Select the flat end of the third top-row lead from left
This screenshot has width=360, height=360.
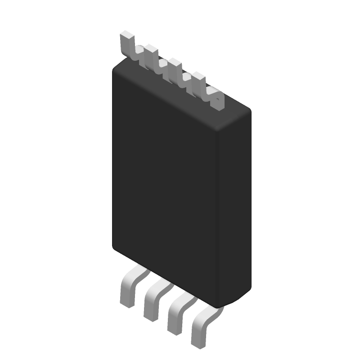tap(174, 62)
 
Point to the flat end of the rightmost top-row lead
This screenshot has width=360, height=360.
tap(198, 75)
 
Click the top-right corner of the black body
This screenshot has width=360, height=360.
tap(248, 110)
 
